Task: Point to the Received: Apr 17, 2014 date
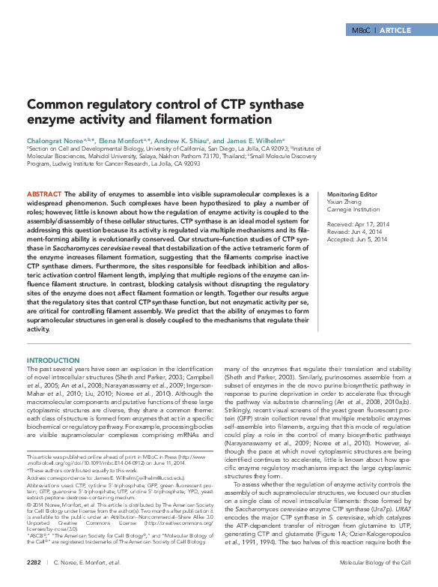pyautogui.click(x=357, y=224)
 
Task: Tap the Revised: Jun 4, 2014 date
pyautogui.click(x=355, y=232)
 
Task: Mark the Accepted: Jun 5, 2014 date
pyautogui.click(x=357, y=239)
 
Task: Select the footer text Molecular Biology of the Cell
pyautogui.click(x=375, y=561)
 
